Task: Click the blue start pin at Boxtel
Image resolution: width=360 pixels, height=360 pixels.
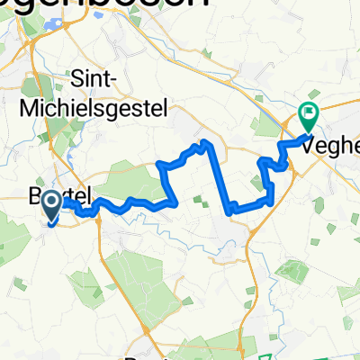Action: coord(50,204)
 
